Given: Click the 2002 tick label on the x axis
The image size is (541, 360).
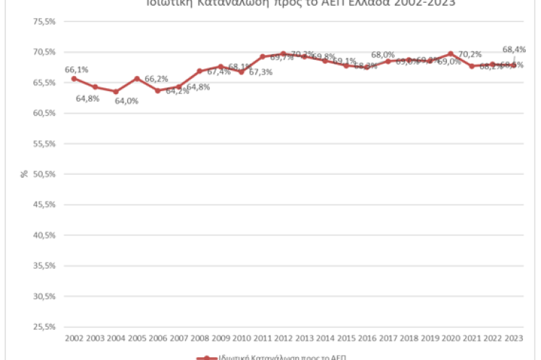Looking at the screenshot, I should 74,338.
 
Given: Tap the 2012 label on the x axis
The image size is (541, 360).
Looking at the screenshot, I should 283,338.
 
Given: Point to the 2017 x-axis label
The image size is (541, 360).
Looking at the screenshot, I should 388,338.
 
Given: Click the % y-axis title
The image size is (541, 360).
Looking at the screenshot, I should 25,174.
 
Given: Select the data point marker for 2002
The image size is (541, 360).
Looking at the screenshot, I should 74,78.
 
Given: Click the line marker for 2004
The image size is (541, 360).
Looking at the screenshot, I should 116,92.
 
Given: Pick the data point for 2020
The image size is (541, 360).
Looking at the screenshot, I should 451,53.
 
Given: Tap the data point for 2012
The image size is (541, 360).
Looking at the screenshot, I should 283,53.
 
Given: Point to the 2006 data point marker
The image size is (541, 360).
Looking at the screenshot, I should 158,90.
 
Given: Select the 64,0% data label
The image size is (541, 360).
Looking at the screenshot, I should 126,100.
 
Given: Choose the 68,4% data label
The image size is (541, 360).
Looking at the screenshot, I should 514,49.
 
